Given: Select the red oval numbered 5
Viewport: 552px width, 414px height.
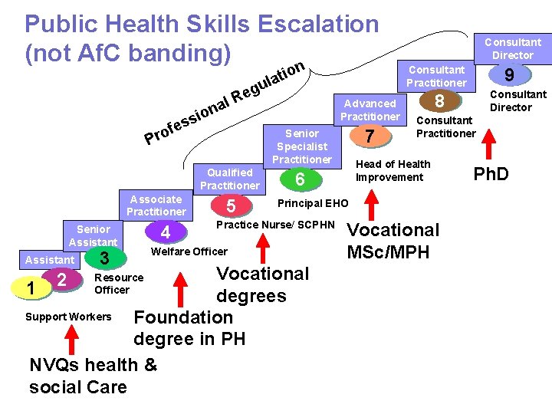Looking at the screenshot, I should click(231, 206).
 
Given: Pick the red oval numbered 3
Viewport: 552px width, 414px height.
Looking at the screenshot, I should click(106, 258).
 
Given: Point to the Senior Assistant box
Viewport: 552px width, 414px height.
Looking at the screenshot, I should click(94, 235).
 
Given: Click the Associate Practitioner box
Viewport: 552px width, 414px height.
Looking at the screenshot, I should click(156, 205).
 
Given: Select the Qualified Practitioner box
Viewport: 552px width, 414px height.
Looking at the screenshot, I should click(229, 179).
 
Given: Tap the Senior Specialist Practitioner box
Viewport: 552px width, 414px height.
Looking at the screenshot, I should click(301, 146).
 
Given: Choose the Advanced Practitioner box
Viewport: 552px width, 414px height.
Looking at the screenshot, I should click(370, 110).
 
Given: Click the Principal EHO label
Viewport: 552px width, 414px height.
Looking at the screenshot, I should click(312, 204).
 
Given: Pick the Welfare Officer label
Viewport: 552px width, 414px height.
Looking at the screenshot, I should click(189, 251).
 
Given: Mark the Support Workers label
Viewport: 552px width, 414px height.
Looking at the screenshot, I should click(68, 317).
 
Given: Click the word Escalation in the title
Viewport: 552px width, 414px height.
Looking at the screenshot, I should click(317, 24).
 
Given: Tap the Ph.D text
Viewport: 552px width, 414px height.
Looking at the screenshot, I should click(491, 174).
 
